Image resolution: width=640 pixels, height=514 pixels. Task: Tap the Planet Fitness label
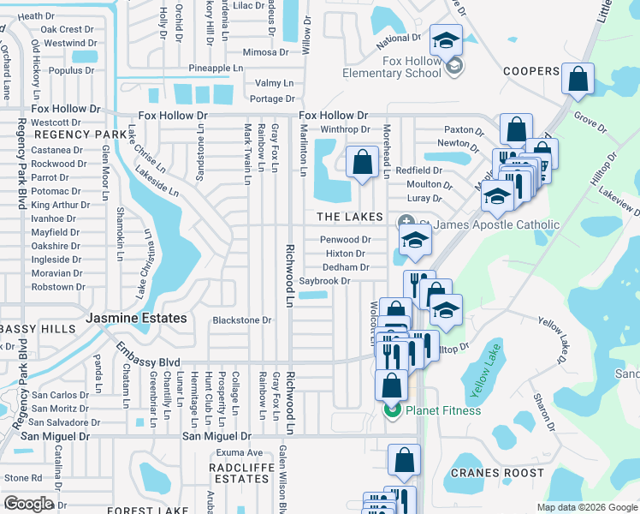pyautogui.click(x=442, y=410)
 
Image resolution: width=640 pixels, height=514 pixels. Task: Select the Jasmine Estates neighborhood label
pyautogui.click(x=136, y=318)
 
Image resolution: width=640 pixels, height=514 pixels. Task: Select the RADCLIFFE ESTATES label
pyautogui.click(x=242, y=473)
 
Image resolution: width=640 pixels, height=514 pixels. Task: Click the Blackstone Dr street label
pyautogui.click(x=241, y=320)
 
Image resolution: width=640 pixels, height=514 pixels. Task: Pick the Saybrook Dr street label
pyautogui.click(x=325, y=281)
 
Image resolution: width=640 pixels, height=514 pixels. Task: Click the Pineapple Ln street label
pyautogui.click(x=216, y=68)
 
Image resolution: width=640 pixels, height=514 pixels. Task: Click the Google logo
pyautogui.click(x=29, y=504)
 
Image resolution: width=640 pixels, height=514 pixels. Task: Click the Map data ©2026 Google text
pyautogui.click(x=587, y=507)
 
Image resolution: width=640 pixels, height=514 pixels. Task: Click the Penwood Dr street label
pyautogui.click(x=345, y=240)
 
